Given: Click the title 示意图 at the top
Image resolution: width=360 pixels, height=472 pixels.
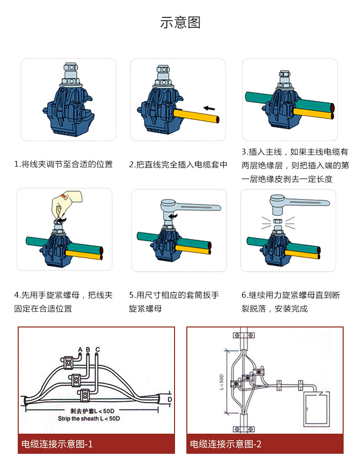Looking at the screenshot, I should point(180,22).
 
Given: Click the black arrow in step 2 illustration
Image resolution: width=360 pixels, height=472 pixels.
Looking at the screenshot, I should point(209,108).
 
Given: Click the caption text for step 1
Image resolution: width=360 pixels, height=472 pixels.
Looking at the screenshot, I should point(63,164).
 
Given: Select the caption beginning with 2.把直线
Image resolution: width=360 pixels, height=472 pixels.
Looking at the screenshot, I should point(178,164).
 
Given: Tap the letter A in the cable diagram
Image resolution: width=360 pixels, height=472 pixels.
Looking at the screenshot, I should point(80,349).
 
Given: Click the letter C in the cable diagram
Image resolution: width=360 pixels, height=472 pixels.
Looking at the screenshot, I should point(98,349).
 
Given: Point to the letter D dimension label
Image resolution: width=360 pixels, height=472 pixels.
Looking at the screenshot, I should point(169,399).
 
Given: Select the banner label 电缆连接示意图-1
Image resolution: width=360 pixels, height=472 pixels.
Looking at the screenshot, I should point(57,444).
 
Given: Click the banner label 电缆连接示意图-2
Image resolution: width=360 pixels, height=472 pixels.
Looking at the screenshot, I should point(226,444).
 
